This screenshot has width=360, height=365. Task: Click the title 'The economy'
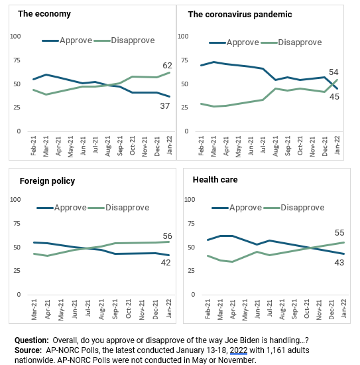tap(44, 14)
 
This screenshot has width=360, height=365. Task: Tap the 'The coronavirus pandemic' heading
tap(240, 15)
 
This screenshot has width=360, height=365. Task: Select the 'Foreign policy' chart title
tap(47, 181)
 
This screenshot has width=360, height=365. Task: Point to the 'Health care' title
tap(215, 180)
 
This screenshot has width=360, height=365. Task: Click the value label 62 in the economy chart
tap(167, 66)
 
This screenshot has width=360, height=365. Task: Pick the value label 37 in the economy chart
tap(165, 106)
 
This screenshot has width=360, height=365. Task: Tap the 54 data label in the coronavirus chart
tap(333, 72)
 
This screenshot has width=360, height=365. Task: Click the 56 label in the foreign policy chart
tap(167, 236)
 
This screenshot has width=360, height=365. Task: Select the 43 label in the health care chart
tap(339, 263)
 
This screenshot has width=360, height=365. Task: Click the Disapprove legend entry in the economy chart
tap(124, 40)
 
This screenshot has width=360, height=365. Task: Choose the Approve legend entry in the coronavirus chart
tap(234, 42)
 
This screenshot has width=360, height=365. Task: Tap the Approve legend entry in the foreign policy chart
tap(62, 208)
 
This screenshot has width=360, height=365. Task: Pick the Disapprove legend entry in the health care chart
tap(294, 208)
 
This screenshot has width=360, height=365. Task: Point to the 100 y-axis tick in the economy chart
tap(15, 36)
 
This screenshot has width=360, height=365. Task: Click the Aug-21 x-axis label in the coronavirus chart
tap(275, 146)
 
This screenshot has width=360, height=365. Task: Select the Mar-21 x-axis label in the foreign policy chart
tap(34, 310)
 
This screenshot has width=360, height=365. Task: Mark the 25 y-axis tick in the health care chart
tap(191, 271)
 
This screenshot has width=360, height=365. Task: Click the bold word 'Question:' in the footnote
tap(32, 340)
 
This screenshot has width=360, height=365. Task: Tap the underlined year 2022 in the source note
tap(239, 350)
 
